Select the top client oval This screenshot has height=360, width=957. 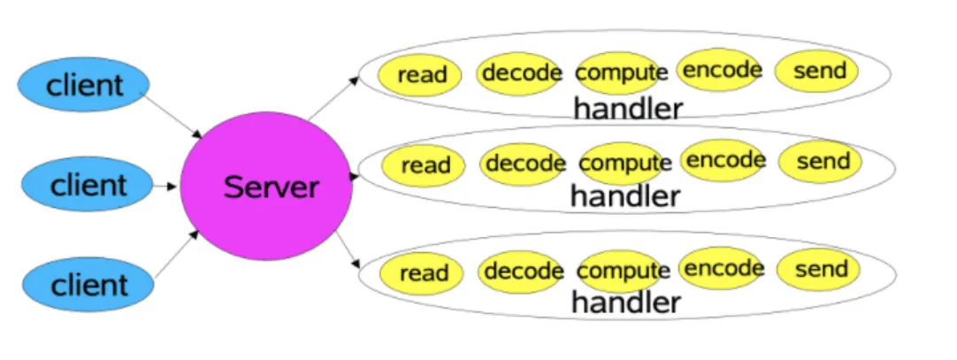[x=85, y=87]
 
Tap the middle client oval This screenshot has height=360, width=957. [x=87, y=186]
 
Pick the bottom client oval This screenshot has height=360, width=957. [x=88, y=285]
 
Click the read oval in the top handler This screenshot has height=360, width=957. [x=422, y=74]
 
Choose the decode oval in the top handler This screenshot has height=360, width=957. [x=519, y=71]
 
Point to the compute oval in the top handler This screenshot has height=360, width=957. [x=621, y=72]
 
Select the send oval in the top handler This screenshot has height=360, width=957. [x=817, y=71]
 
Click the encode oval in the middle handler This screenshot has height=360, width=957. [x=724, y=160]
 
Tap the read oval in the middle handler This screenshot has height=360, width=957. [x=425, y=165]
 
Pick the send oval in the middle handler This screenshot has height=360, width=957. [x=822, y=161]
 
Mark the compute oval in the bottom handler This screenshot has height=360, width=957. [x=624, y=271]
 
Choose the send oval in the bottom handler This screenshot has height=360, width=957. [x=820, y=269]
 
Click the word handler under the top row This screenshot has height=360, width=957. [x=628, y=109]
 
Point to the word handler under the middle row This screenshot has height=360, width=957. [x=625, y=195]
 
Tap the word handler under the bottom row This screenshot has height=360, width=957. [x=625, y=303]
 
